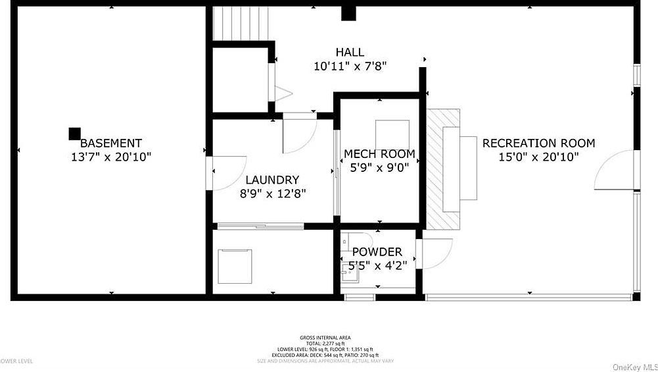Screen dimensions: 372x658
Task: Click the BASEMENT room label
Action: tap(110, 143)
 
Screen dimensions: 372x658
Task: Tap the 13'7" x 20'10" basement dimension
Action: tap(110, 157)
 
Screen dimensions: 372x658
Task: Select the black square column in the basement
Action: tap(75, 134)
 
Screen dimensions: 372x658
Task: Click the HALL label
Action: tap(349, 52)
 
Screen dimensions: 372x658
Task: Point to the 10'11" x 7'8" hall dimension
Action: tap(349, 66)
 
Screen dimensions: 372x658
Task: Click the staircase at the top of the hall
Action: tap(240, 24)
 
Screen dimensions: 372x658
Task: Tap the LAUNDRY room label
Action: tap(272, 180)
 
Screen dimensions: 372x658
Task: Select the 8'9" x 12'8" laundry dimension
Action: tap(272, 194)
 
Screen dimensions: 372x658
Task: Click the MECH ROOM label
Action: tap(379, 154)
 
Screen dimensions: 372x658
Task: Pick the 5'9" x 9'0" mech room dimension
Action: tap(379, 167)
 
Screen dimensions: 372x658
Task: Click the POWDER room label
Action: tap(377, 252)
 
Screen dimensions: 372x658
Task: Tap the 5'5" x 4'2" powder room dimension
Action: tap(377, 265)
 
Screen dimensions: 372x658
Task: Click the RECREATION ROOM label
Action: tap(538, 143)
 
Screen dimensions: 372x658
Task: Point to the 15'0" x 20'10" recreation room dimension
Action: tap(538, 157)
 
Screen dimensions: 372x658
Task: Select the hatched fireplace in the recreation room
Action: tap(442, 169)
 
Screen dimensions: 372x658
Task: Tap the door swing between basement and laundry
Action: tap(228, 171)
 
